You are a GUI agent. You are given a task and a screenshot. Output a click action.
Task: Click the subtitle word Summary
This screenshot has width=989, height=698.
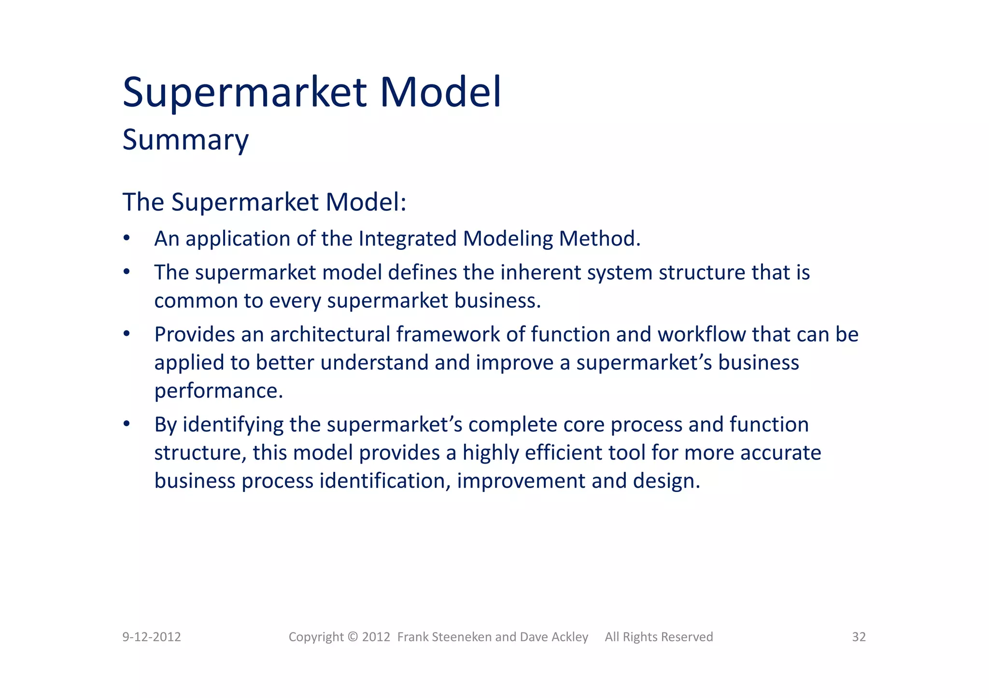coord(185,140)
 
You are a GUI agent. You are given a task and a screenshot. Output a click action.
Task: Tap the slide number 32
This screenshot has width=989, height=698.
coord(859,637)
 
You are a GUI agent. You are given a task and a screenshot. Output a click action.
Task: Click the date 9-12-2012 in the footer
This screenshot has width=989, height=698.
coord(152,637)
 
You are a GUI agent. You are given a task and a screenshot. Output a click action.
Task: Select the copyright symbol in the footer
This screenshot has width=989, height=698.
coord(353,637)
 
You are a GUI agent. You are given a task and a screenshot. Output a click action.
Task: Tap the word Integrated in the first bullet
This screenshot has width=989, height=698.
coord(408,239)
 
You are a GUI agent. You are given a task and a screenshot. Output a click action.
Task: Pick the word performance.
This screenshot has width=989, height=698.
coord(218,391)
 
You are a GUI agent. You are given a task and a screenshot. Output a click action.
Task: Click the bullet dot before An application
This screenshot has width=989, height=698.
coord(127,238)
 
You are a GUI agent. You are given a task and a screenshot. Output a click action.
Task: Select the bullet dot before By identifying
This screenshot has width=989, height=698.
coord(127,424)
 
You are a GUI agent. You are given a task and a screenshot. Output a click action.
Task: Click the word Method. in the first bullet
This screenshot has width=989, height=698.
coord(599,239)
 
